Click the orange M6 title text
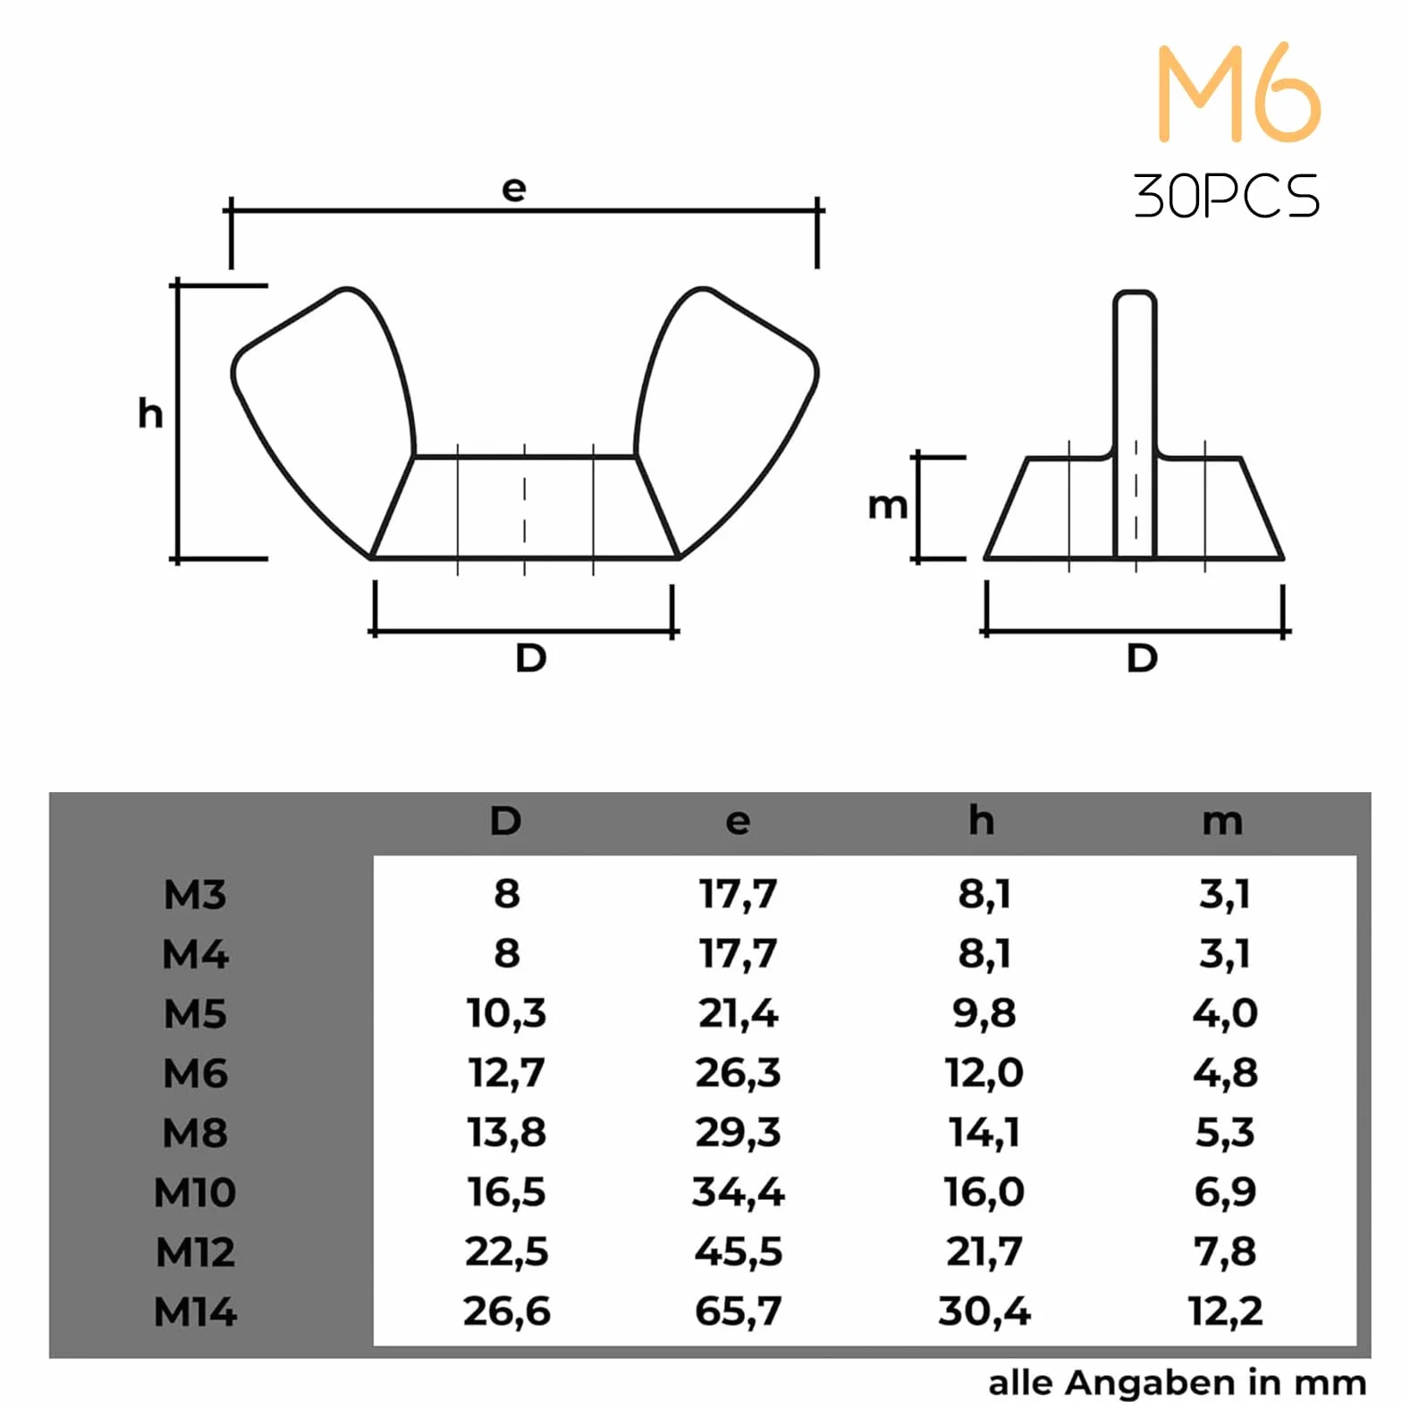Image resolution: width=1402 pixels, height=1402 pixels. (1238, 92)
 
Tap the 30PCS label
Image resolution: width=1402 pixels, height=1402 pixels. (1226, 196)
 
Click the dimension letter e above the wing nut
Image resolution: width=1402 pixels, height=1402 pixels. (514, 189)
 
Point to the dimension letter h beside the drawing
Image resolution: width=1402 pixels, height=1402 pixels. (150, 413)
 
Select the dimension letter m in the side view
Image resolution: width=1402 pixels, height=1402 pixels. (888, 506)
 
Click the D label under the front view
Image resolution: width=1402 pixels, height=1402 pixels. (531, 658)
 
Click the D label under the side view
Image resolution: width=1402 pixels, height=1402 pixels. (1142, 658)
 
